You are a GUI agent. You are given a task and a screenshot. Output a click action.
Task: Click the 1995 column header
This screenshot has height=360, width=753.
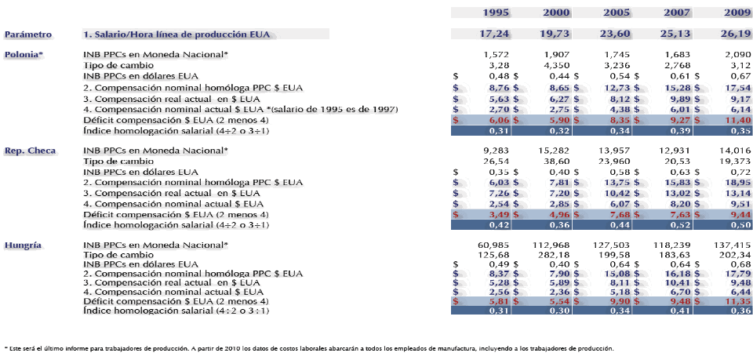click(x=496, y=13)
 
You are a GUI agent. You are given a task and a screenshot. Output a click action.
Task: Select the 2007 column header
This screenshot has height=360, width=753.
click(x=677, y=13)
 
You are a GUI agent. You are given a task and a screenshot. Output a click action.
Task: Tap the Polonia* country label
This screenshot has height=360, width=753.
click(x=24, y=54)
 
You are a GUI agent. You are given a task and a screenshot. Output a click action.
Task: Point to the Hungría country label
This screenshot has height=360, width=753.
click(x=24, y=245)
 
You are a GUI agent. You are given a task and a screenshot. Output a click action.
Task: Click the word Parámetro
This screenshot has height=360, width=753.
click(x=28, y=35)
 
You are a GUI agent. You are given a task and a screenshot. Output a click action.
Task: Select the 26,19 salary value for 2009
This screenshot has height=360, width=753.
click(x=735, y=35)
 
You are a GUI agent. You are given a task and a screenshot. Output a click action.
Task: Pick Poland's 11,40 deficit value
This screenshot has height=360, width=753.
click(x=735, y=122)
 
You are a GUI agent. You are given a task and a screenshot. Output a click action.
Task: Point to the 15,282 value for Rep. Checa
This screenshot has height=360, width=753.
click(x=554, y=150)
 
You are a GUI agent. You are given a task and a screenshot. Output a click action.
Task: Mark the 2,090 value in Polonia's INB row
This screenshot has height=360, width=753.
click(x=737, y=54)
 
